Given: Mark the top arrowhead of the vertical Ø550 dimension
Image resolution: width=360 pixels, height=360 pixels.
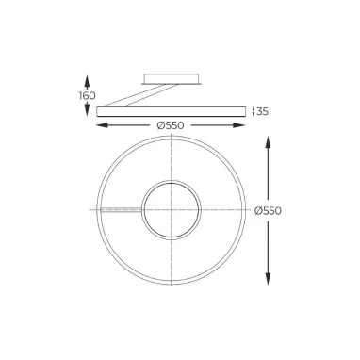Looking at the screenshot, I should coord(269,139).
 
